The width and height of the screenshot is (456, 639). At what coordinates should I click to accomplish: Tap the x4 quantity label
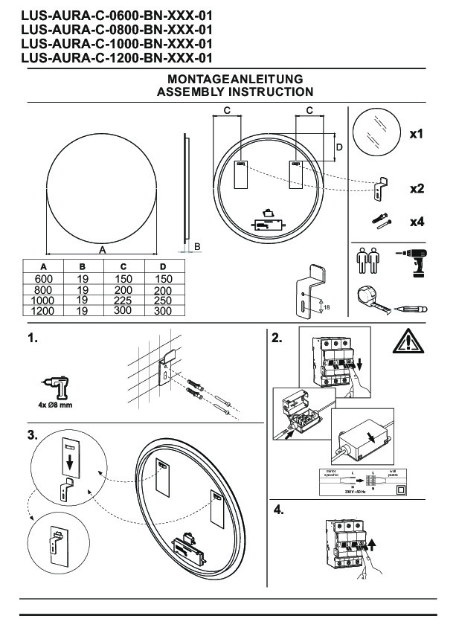click(417, 222)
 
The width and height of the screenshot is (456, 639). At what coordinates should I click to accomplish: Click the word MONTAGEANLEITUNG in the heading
click(234, 79)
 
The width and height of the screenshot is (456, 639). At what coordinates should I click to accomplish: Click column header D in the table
click(163, 267)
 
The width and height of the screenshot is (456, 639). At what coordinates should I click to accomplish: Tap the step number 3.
click(32, 434)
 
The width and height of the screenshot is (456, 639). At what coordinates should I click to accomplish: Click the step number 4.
click(278, 510)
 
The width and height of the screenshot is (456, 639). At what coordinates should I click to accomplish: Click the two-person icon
click(364, 261)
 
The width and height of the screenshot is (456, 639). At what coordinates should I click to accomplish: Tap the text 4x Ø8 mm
click(56, 405)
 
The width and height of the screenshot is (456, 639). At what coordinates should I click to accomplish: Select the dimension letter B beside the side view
click(197, 245)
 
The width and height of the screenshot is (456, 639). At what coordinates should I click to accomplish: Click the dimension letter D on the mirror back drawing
click(339, 148)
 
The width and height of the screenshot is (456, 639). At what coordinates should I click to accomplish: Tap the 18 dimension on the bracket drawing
click(327, 306)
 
